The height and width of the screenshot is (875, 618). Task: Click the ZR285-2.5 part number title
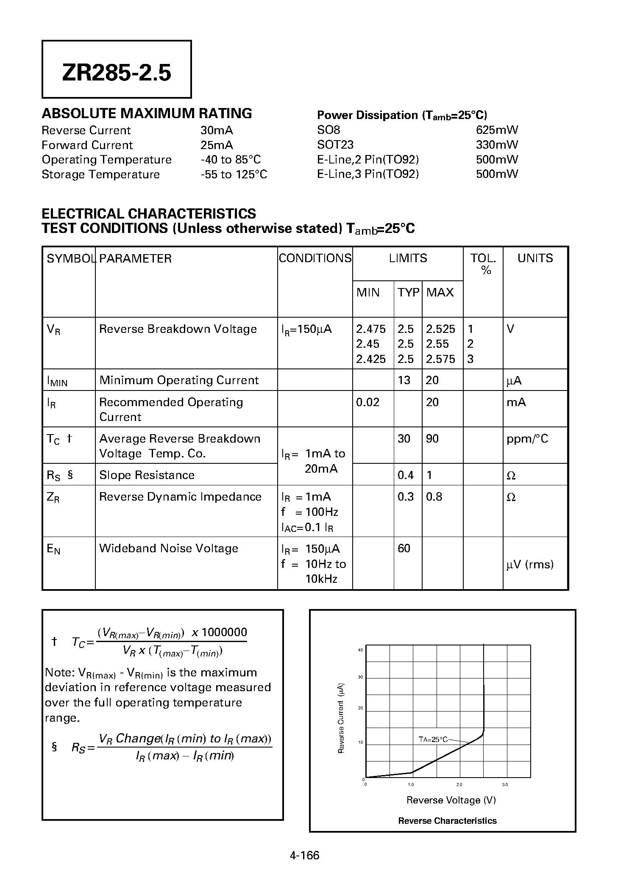coord(117,73)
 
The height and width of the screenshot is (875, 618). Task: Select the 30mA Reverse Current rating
coord(217,130)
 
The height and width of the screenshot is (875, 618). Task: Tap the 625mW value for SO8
coord(497,130)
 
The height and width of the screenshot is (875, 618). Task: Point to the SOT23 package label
coord(335,145)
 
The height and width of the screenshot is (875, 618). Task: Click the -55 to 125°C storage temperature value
coord(234,174)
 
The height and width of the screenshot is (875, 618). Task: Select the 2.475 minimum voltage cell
coord(371,329)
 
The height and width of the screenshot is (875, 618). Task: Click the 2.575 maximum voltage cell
coord(440,359)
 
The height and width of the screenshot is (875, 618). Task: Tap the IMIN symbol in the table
coord(57,381)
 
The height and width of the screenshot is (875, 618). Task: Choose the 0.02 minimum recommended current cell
coord(367,402)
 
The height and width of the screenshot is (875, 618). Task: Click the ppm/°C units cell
coord(527,439)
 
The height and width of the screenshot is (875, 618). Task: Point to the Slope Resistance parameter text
coord(147,475)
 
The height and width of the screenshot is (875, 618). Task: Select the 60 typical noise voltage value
coord(404,548)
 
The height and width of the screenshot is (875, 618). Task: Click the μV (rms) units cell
coord(530,565)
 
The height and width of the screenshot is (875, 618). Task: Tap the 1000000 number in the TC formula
coord(224,632)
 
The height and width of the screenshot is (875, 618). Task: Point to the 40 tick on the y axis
coord(361,650)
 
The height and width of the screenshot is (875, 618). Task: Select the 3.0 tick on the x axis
coord(505,785)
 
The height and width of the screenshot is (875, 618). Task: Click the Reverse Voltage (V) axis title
coord(451,800)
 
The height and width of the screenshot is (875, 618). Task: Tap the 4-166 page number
coord(304,855)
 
